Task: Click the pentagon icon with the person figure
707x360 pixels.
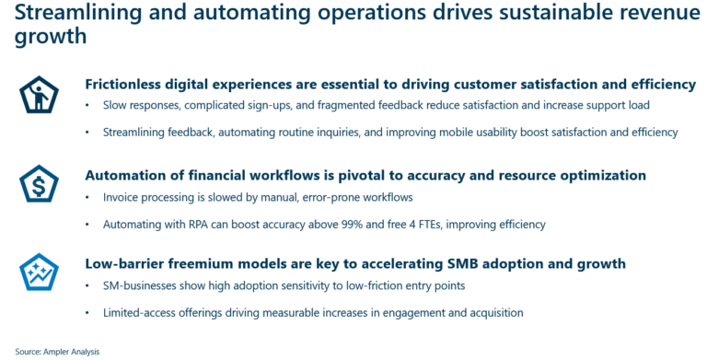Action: (x=40, y=95)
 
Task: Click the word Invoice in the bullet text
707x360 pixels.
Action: (x=123, y=198)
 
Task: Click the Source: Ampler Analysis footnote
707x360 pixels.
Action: (x=54, y=351)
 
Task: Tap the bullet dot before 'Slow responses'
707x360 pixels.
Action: (x=87, y=107)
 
